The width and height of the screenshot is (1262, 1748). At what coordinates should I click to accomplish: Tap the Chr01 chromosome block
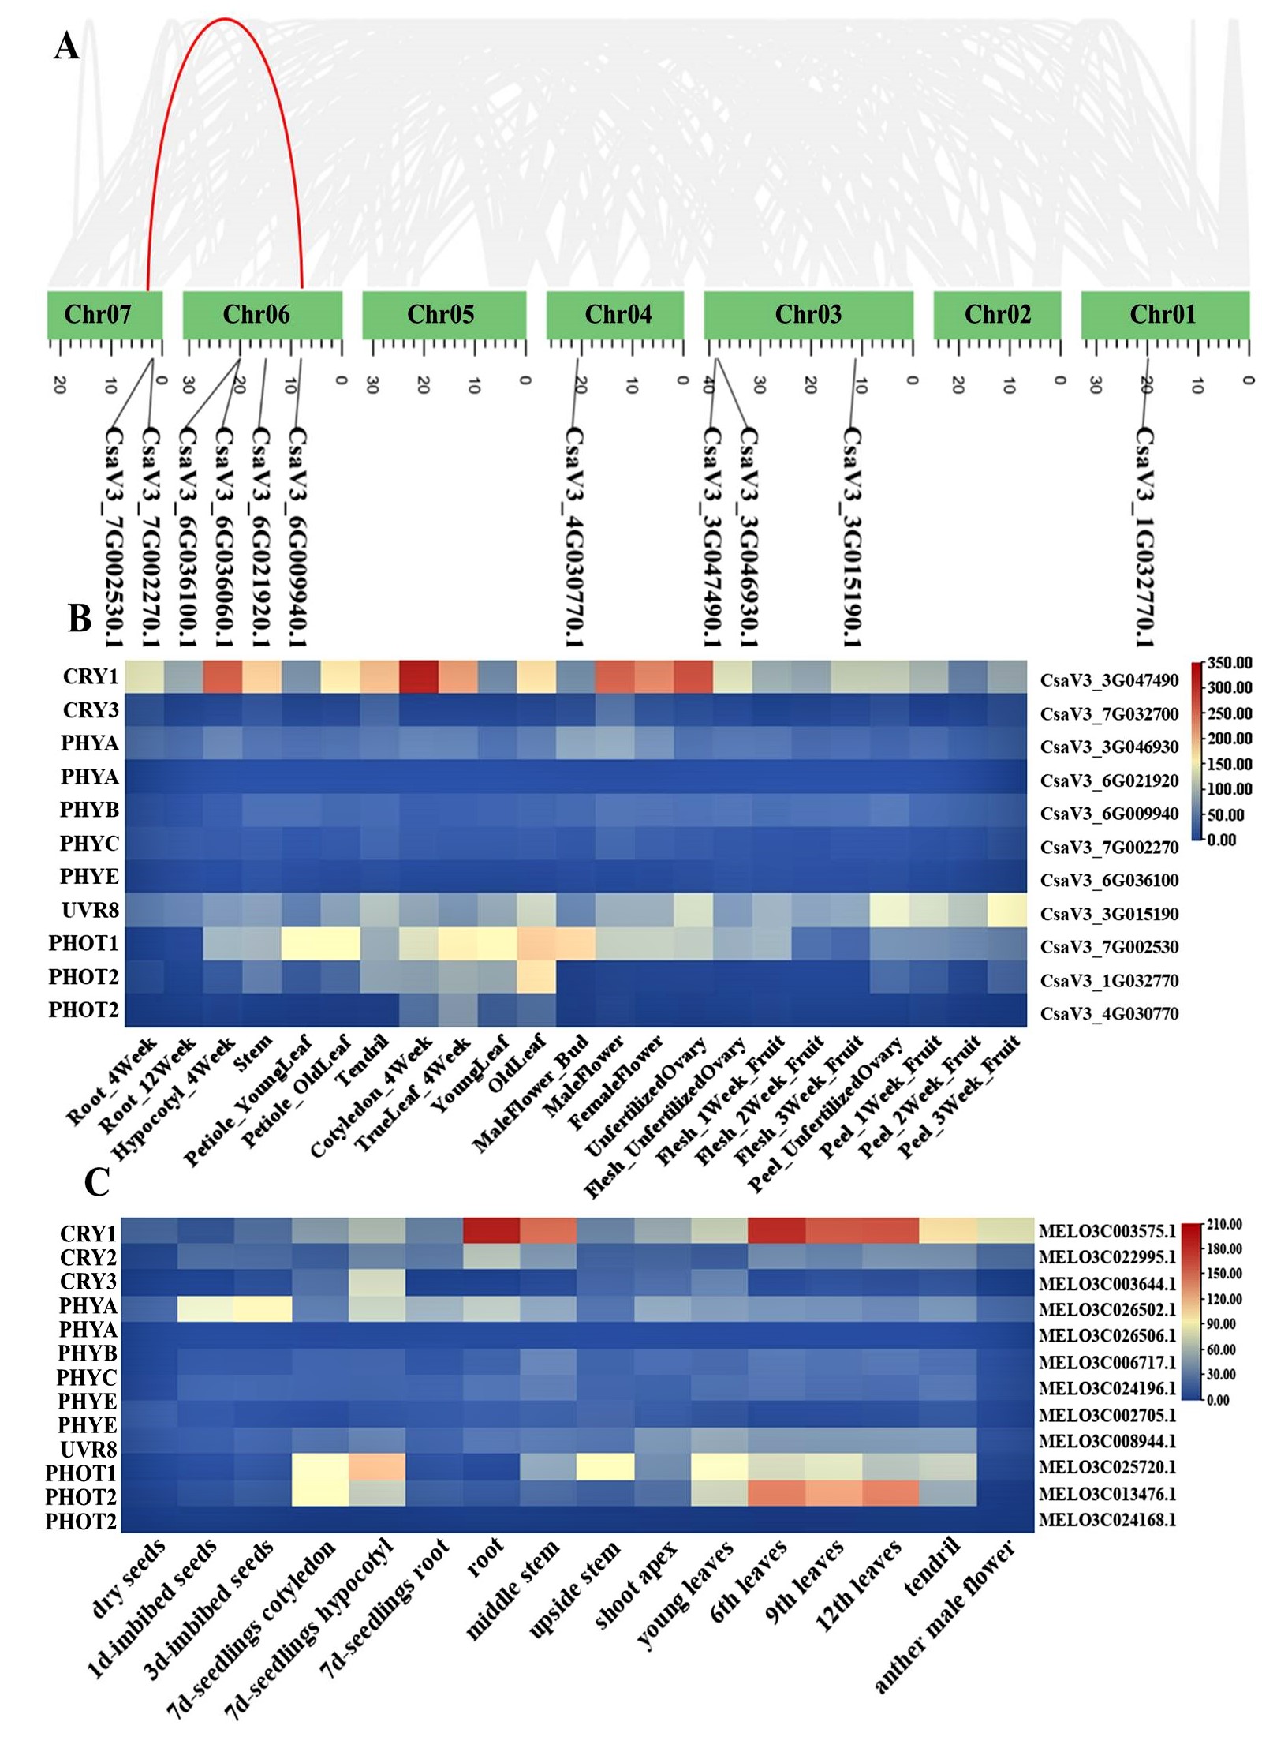point(1164,315)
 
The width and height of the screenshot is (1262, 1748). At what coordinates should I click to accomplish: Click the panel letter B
point(79,619)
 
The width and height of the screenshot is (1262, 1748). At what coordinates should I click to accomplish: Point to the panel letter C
point(96,1182)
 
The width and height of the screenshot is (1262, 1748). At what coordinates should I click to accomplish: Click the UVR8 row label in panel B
point(90,911)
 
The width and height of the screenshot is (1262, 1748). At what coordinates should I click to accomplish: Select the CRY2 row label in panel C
point(88,1256)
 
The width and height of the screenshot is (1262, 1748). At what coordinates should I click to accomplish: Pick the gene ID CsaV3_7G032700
point(1109,714)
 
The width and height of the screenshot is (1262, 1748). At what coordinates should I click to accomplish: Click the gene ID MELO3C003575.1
point(1107,1231)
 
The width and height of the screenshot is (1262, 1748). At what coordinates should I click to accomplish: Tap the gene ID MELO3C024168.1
point(1107,1519)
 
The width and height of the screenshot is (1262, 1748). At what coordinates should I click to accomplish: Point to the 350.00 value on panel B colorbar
point(1230,662)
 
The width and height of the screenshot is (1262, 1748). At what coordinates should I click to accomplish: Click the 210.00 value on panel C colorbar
point(1224,1224)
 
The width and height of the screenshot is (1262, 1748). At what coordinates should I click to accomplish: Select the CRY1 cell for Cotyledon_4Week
point(418,677)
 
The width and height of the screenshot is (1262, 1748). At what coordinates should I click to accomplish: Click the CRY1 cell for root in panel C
point(491,1230)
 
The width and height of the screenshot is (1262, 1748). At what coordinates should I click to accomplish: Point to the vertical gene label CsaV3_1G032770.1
point(1144,537)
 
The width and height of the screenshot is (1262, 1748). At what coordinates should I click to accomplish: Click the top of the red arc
point(225,18)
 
